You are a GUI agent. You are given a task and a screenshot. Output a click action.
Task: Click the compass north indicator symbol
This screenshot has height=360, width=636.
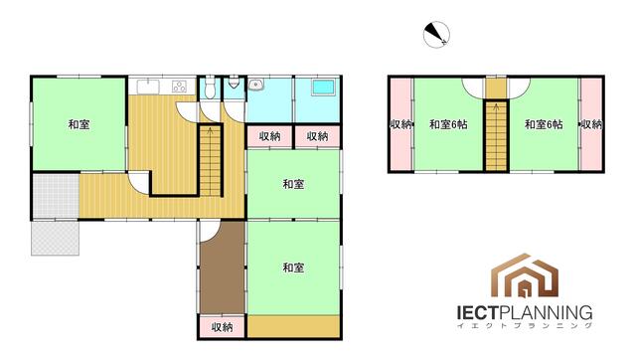(436, 35)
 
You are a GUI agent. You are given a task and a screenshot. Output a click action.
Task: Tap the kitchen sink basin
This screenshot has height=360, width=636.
(148, 87)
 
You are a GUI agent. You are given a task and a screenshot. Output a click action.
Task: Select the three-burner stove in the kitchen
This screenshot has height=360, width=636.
(179, 87)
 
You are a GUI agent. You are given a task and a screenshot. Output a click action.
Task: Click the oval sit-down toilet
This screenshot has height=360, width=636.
(210, 88)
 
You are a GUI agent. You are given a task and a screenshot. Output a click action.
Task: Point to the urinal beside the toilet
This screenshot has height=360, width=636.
(234, 83)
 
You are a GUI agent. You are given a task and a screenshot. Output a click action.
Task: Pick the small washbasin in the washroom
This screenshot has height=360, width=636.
(256, 85)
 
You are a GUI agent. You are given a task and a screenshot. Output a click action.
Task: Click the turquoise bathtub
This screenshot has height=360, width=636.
(323, 88)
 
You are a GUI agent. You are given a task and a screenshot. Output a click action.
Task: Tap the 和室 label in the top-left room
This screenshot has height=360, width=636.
(79, 124)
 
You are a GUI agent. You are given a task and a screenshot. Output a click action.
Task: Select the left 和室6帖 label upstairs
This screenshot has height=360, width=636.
(448, 124)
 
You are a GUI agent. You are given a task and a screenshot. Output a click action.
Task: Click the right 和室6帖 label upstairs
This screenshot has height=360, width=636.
(544, 124)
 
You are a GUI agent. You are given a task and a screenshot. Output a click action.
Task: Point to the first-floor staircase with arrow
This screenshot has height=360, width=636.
(210, 161)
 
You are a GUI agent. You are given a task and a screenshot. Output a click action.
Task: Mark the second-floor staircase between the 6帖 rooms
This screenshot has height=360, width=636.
(497, 136)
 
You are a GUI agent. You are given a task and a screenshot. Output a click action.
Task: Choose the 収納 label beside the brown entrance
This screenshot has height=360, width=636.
(222, 327)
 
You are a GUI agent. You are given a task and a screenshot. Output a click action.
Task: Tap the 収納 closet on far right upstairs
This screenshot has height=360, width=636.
(591, 124)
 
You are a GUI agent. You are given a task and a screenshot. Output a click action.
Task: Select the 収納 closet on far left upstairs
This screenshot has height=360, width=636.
(401, 124)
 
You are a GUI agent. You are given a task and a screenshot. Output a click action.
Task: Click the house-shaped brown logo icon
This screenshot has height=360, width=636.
(525, 276)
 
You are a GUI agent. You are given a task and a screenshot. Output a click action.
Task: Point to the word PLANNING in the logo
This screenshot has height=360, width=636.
(546, 313)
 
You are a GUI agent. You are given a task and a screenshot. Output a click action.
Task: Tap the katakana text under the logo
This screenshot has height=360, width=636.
(524, 325)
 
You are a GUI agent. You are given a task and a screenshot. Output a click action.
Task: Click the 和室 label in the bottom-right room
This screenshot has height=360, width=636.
(293, 268)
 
